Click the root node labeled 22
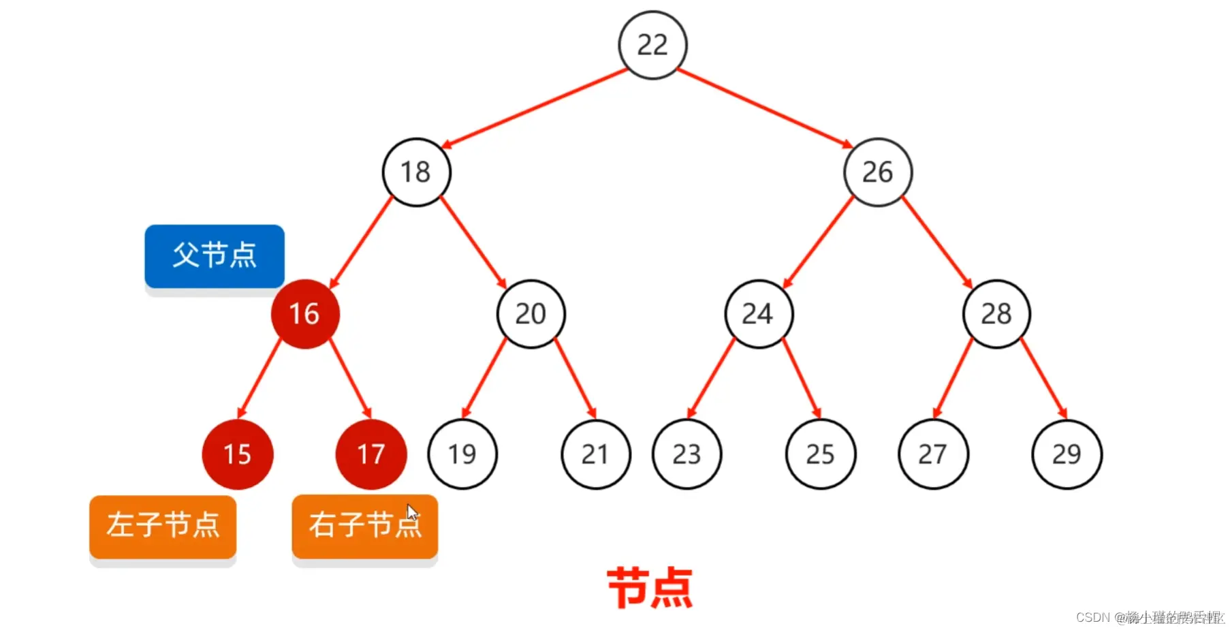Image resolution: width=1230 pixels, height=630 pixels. click(x=652, y=45)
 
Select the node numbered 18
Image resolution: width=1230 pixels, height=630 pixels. click(x=416, y=172)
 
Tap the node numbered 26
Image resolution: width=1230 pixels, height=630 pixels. click(x=878, y=172)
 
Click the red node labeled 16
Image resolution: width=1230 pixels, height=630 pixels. click(x=304, y=314)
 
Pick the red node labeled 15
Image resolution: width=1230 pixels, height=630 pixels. click(x=238, y=454)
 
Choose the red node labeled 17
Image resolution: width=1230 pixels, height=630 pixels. click(x=371, y=454)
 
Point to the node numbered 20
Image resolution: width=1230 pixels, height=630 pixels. click(x=531, y=314)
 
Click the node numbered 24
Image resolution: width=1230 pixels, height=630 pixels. click(x=758, y=314)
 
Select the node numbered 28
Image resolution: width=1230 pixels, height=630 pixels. click(x=996, y=314)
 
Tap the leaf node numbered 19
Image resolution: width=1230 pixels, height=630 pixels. click(x=462, y=454)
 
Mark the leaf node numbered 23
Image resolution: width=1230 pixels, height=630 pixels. click(x=687, y=454)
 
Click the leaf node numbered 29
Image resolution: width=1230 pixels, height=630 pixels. click(x=1067, y=454)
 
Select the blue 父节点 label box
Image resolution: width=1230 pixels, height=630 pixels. click(x=215, y=256)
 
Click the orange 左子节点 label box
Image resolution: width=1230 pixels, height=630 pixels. click(x=163, y=526)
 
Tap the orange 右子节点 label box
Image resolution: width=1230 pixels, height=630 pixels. click(x=364, y=526)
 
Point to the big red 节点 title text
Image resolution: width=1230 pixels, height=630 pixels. click(x=650, y=588)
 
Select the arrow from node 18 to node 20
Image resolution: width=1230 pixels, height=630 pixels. click(x=473, y=242)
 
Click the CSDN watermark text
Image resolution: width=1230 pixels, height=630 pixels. click(x=1149, y=617)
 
